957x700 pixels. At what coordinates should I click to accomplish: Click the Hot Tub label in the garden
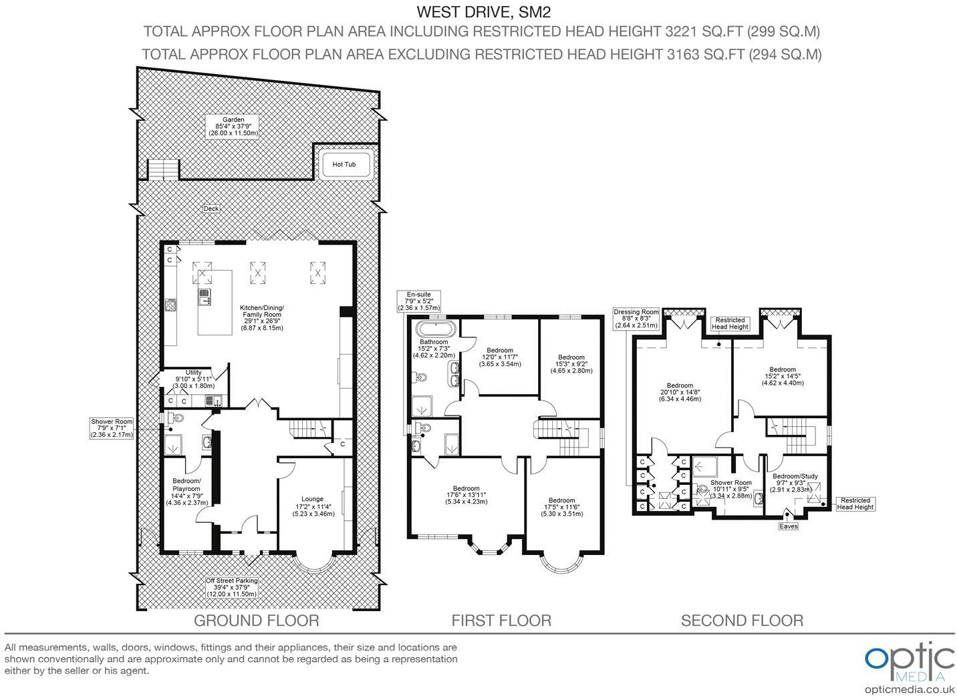pos(344,164)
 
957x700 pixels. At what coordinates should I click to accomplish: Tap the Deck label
pos(211,208)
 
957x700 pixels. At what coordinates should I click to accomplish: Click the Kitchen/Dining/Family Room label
pos(261,318)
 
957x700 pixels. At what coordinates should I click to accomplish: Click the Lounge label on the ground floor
pos(312,506)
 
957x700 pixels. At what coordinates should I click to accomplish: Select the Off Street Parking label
pos(232,588)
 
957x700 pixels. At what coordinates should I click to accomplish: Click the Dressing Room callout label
pos(636,319)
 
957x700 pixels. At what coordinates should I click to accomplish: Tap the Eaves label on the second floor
pos(788,526)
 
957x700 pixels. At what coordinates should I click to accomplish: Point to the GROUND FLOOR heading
pos(256,621)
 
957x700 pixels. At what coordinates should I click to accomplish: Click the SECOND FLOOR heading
pos(742,621)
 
